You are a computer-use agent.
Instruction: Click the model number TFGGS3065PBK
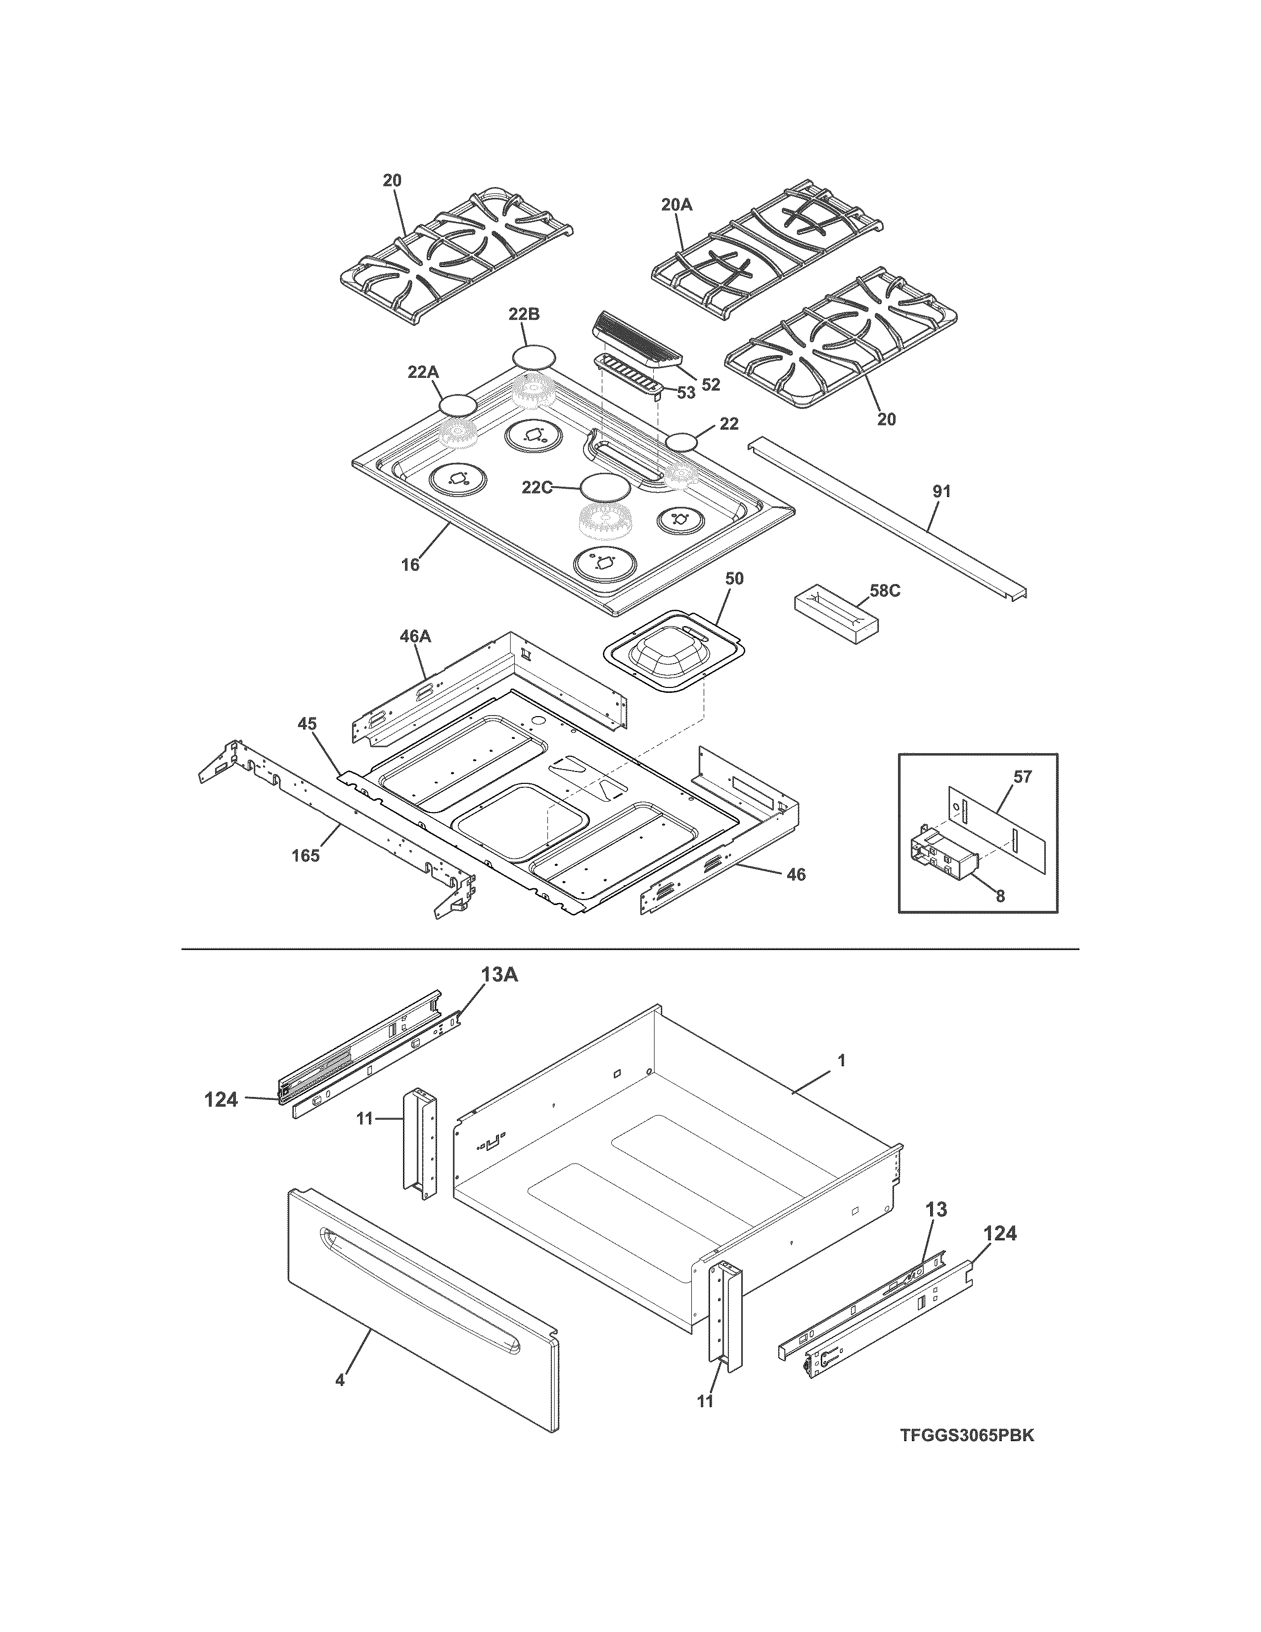click(967, 1457)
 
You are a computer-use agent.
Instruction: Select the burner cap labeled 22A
click(457, 406)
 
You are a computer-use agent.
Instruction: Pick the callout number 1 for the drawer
click(841, 1060)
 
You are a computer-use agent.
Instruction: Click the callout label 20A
click(677, 203)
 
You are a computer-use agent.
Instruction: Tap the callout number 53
click(686, 392)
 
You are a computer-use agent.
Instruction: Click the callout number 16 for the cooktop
click(410, 565)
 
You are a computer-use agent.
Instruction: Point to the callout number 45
click(307, 724)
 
